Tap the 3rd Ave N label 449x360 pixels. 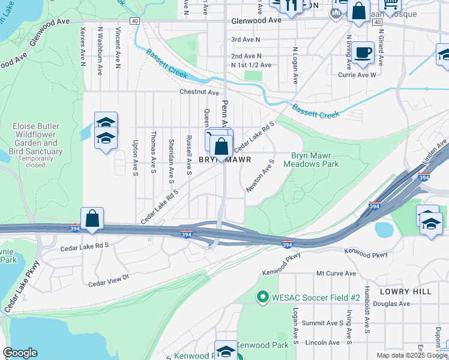(246, 40)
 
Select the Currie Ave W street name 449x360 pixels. (357, 75)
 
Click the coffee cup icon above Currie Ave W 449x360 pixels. (363, 52)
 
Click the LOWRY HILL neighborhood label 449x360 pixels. (406, 291)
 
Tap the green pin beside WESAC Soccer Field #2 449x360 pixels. (262, 297)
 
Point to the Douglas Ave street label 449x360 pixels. (393, 304)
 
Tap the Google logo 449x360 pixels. (20, 353)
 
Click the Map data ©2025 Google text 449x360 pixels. (412, 355)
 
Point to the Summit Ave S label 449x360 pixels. (322, 323)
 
